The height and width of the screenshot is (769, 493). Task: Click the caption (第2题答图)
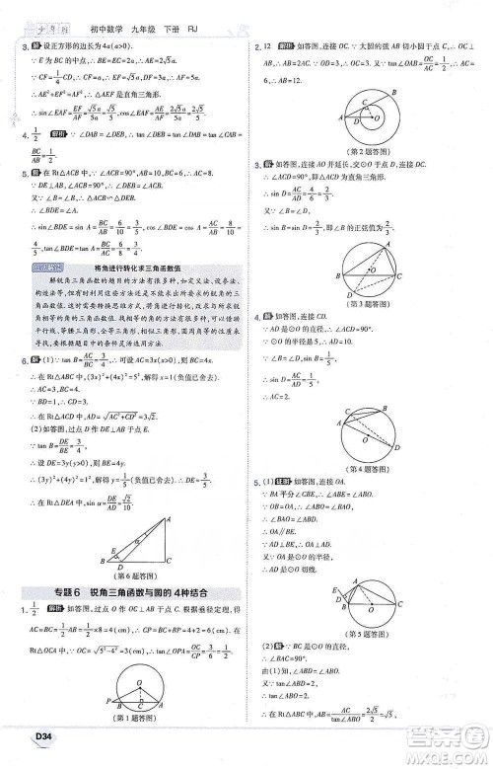coord(362,151)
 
